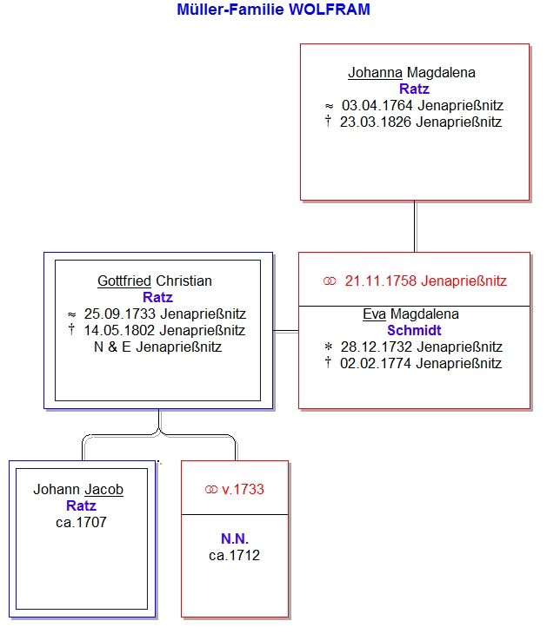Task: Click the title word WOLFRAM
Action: (x=330, y=10)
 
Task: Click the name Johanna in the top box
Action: (x=375, y=73)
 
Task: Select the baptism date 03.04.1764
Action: (x=377, y=106)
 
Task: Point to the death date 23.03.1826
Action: (x=376, y=122)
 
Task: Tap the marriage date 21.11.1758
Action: (x=381, y=281)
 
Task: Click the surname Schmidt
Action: (x=414, y=331)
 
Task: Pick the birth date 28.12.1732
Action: (x=377, y=347)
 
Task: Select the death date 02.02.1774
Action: (x=376, y=364)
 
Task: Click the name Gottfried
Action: (x=124, y=281)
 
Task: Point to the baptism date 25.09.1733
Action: (x=120, y=314)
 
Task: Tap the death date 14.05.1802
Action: (x=119, y=331)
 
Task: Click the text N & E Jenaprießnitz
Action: (x=158, y=347)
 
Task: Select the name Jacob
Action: (x=103, y=490)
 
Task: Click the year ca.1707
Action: (x=82, y=523)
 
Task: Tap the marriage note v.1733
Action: (x=243, y=490)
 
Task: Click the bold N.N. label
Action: (x=235, y=539)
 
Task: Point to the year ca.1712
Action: (x=235, y=556)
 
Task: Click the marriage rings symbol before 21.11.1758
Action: (x=330, y=281)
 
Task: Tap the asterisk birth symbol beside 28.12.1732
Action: (x=329, y=347)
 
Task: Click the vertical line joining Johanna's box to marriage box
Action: (x=415, y=227)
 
